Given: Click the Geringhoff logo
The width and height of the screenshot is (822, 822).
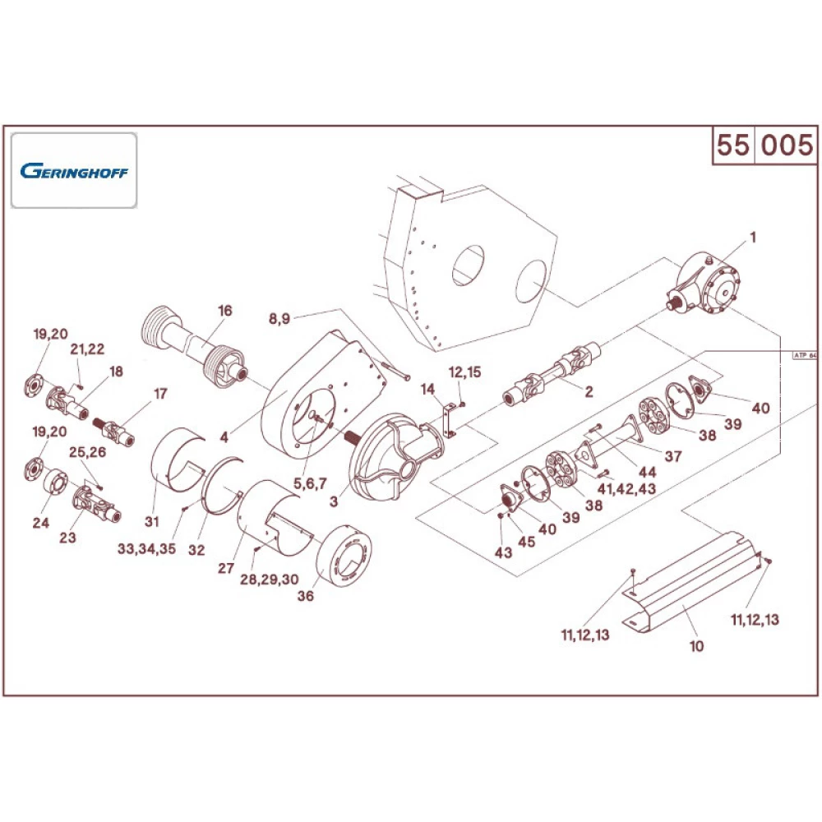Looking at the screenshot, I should click(x=73, y=171).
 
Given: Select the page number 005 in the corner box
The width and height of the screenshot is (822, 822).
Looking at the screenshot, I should click(x=786, y=145).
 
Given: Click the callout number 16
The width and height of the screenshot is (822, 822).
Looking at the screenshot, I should click(x=225, y=311).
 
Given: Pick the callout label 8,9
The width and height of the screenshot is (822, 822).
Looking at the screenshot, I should click(x=279, y=319).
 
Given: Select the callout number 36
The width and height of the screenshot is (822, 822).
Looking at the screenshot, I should click(x=306, y=598).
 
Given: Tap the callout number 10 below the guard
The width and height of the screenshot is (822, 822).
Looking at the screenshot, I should click(x=696, y=646).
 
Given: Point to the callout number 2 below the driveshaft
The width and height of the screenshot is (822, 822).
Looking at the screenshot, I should click(x=588, y=392).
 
